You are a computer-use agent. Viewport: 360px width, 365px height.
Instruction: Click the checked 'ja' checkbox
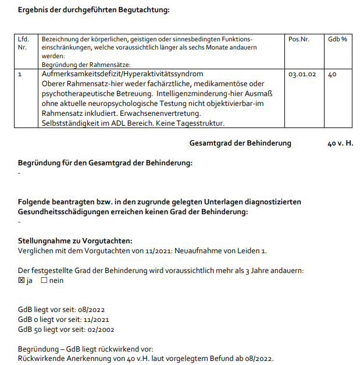point(22,281)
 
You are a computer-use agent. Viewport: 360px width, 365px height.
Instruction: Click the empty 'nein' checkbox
point(44,281)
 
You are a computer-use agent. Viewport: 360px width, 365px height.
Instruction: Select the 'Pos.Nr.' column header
point(298,39)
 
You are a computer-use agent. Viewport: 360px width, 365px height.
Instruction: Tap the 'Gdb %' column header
point(337,39)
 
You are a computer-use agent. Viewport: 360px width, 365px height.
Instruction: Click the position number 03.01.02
point(302,75)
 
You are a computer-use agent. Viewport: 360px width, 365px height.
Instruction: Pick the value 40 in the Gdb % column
point(332,75)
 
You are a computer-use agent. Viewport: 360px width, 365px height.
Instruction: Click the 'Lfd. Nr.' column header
point(24,43)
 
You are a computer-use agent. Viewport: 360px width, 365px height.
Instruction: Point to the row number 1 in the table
point(20,75)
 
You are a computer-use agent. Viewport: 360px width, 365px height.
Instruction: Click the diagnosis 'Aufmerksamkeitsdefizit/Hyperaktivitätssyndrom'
point(122,75)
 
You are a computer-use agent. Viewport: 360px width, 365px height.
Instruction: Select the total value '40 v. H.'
point(340,143)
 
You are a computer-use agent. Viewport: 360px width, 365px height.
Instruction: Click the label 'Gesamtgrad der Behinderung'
point(240,143)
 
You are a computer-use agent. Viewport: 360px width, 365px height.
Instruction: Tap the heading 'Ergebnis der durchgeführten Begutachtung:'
point(94,10)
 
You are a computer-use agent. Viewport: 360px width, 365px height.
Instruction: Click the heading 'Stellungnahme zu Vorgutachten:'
point(75,240)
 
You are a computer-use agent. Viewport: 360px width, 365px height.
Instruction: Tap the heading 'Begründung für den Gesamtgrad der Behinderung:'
point(105,163)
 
